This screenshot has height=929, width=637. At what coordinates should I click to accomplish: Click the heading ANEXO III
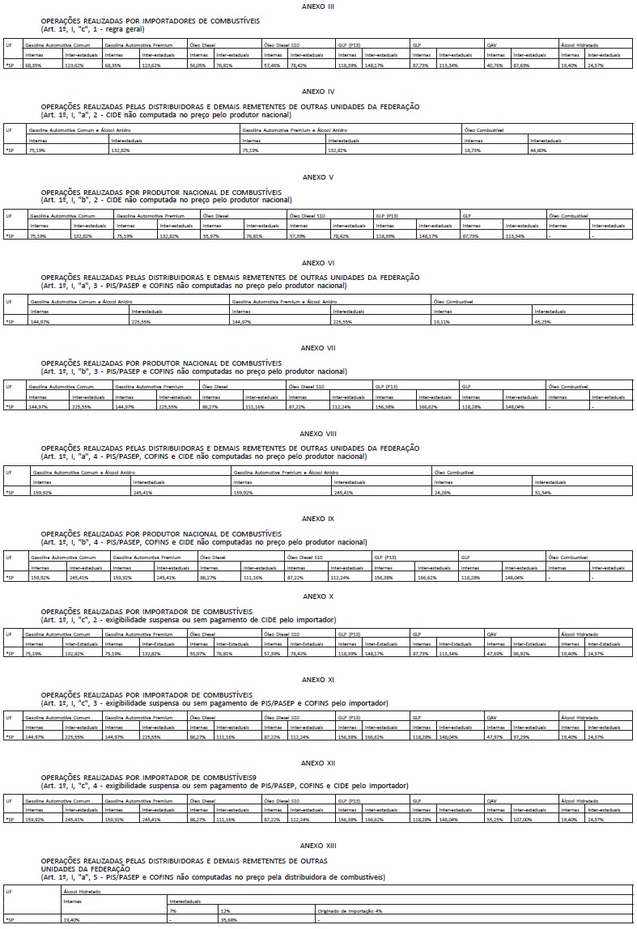(317, 6)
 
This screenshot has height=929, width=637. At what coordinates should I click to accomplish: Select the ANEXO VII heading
(317, 348)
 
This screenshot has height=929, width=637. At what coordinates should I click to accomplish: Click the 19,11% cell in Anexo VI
(442, 321)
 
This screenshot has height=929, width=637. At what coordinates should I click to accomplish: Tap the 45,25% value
(543, 321)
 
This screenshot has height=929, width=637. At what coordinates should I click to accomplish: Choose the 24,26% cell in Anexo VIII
(442, 492)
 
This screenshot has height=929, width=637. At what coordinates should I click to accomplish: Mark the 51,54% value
(543, 492)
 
